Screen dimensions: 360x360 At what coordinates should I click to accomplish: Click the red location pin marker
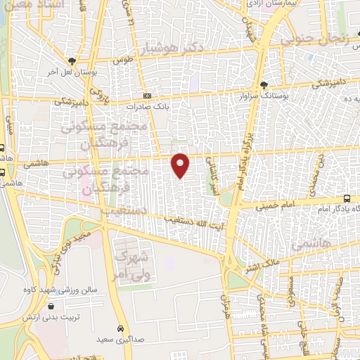coord(181,165)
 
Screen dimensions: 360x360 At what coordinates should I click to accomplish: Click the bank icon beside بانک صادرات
coord(147,96)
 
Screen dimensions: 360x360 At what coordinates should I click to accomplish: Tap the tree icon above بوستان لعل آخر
coord(72,61)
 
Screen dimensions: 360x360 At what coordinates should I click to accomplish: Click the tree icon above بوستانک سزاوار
coord(264,84)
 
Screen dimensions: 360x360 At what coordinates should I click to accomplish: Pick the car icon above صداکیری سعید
coord(120,328)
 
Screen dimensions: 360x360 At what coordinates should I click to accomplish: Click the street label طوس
coord(124,60)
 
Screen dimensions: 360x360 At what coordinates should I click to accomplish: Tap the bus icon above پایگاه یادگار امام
coord(347,199)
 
